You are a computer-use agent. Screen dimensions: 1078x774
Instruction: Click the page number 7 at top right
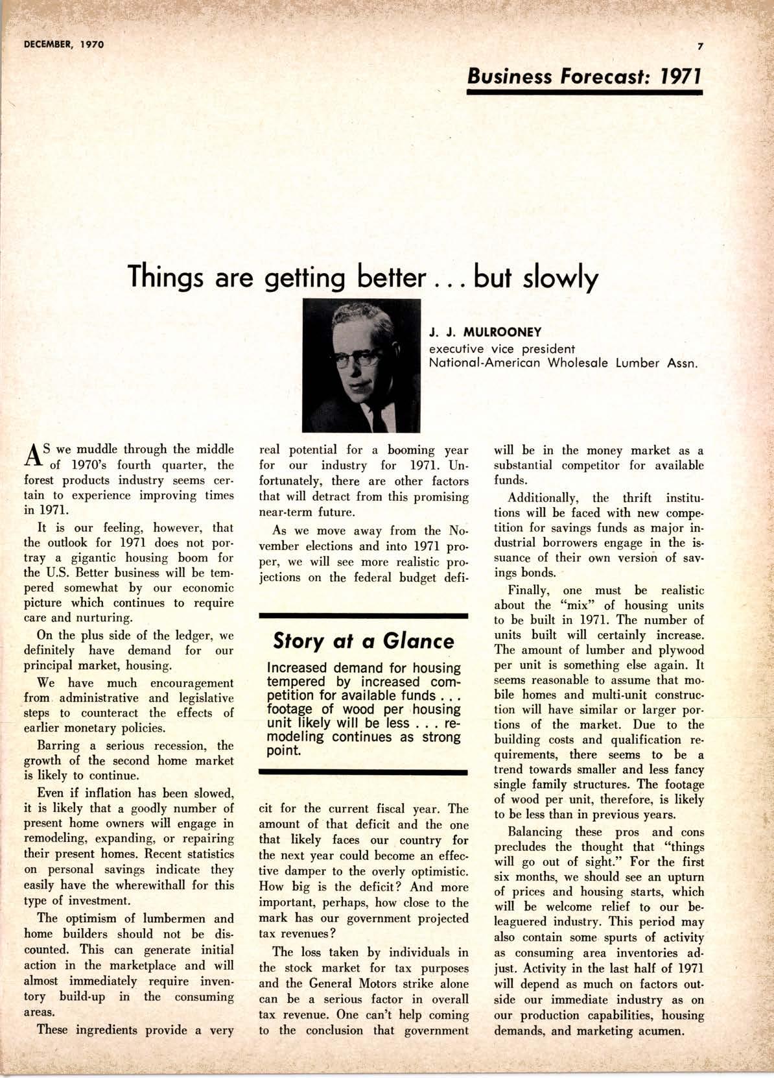pos(700,45)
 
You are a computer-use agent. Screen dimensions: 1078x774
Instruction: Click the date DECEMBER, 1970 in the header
pos(64,45)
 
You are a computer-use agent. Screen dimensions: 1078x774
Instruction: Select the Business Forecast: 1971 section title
pos(585,77)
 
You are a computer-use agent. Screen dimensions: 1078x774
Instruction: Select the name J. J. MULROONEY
pos(485,333)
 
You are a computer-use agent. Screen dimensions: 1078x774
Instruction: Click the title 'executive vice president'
pos(502,348)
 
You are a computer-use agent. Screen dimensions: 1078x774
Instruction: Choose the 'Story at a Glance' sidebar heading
pos(363,641)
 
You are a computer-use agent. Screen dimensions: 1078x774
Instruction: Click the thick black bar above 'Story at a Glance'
pos(363,614)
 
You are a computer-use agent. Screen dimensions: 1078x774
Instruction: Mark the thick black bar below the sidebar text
pos(363,773)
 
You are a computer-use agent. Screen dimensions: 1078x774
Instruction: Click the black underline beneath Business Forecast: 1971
pos(585,93)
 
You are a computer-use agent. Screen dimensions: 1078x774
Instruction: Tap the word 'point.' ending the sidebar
pos(284,751)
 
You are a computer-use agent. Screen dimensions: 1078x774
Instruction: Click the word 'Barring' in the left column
pos(58,745)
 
